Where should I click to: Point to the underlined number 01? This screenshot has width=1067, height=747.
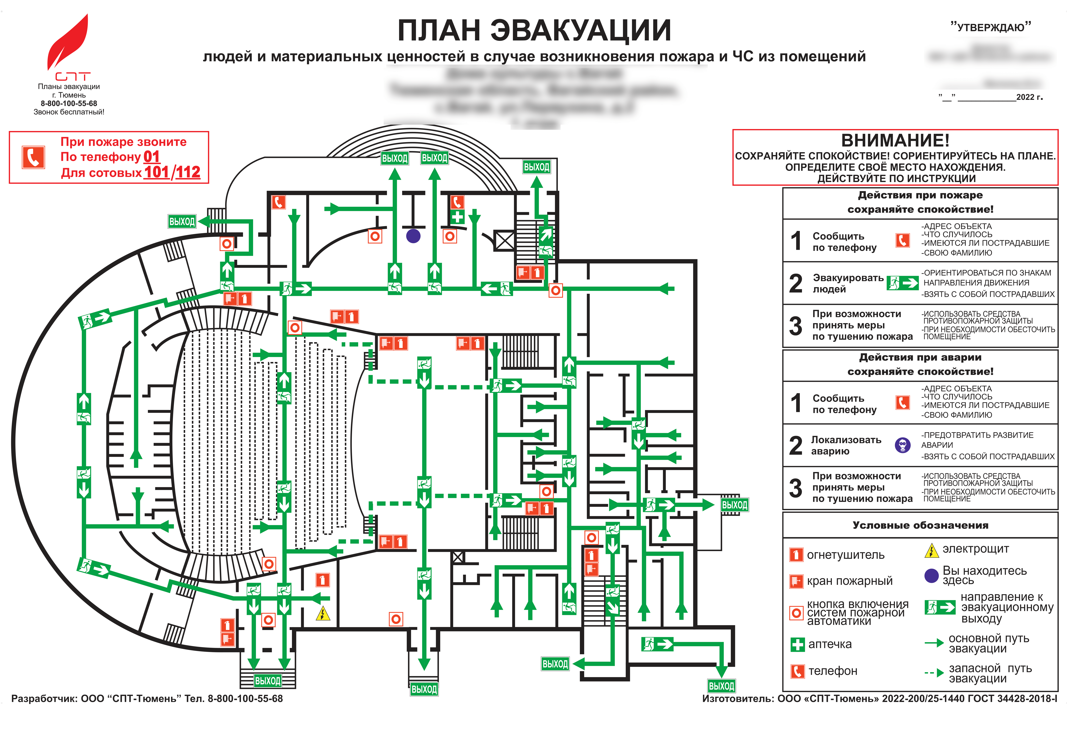pos(151,157)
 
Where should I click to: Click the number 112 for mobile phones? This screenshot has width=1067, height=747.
pos(188,172)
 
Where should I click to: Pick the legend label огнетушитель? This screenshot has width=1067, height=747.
pos(845,555)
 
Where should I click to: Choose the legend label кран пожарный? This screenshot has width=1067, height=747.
pos(849,581)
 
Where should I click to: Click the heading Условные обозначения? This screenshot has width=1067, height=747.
pos(920,525)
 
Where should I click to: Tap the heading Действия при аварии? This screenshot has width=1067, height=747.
pos(920,357)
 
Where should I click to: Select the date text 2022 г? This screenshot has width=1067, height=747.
pos(1029,97)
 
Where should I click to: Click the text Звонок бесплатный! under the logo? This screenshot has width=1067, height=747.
pos(69,112)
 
